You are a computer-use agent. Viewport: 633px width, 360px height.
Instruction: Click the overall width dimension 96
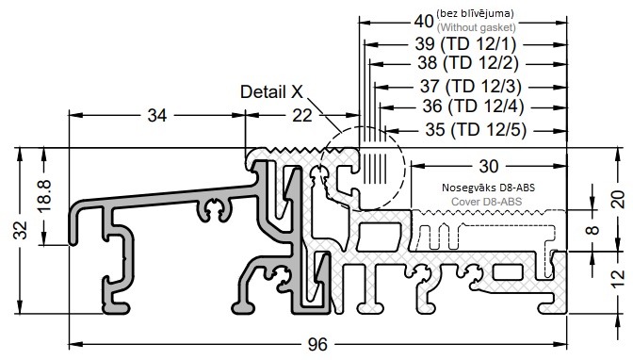[317, 345]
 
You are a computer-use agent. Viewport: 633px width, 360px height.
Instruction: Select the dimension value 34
[157, 116]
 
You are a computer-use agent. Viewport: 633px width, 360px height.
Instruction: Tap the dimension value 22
[302, 116]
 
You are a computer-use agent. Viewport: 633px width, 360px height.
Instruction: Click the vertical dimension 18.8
[44, 196]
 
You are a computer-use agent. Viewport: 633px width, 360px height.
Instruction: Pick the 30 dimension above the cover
[489, 166]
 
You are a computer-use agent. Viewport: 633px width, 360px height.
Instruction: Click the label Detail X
[271, 91]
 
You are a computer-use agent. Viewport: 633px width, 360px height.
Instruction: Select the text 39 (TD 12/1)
[466, 43]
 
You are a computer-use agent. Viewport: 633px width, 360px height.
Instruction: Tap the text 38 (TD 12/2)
[468, 62]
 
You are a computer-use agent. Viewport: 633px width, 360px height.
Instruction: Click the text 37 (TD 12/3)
[471, 86]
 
